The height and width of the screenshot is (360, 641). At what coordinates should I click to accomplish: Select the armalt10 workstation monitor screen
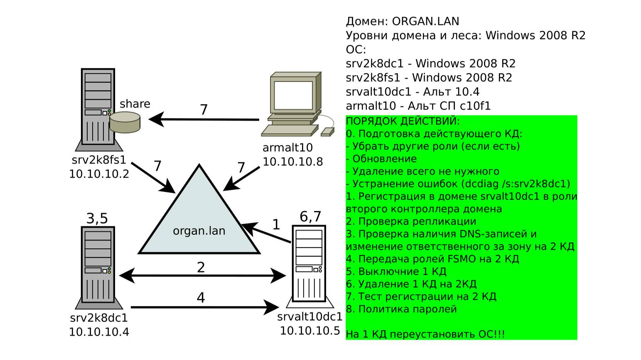click(293, 95)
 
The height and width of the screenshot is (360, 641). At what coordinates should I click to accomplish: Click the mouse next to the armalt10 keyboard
click(327, 132)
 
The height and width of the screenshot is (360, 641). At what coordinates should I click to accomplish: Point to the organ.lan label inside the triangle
click(199, 230)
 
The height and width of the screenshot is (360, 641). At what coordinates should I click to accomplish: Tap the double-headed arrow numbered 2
click(202, 275)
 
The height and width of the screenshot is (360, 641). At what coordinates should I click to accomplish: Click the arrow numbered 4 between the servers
click(204, 308)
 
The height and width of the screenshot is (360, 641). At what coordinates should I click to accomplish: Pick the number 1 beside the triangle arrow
click(276, 225)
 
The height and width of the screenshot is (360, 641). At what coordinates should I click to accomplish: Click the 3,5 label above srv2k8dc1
click(97, 218)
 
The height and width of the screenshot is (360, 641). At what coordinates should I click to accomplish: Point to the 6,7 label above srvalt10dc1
click(310, 216)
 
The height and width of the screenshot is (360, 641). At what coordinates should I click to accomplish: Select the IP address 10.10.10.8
click(292, 162)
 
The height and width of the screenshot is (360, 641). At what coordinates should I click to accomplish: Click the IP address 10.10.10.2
click(99, 174)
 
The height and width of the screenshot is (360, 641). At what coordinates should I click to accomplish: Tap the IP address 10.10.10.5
click(309, 331)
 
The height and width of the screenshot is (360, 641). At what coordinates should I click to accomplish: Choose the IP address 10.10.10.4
click(99, 332)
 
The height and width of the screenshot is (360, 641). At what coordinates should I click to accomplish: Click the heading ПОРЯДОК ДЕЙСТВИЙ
click(403, 121)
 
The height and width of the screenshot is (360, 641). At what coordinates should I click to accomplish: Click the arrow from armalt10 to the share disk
click(204, 120)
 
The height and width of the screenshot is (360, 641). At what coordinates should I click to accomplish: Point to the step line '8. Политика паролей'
click(401, 309)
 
